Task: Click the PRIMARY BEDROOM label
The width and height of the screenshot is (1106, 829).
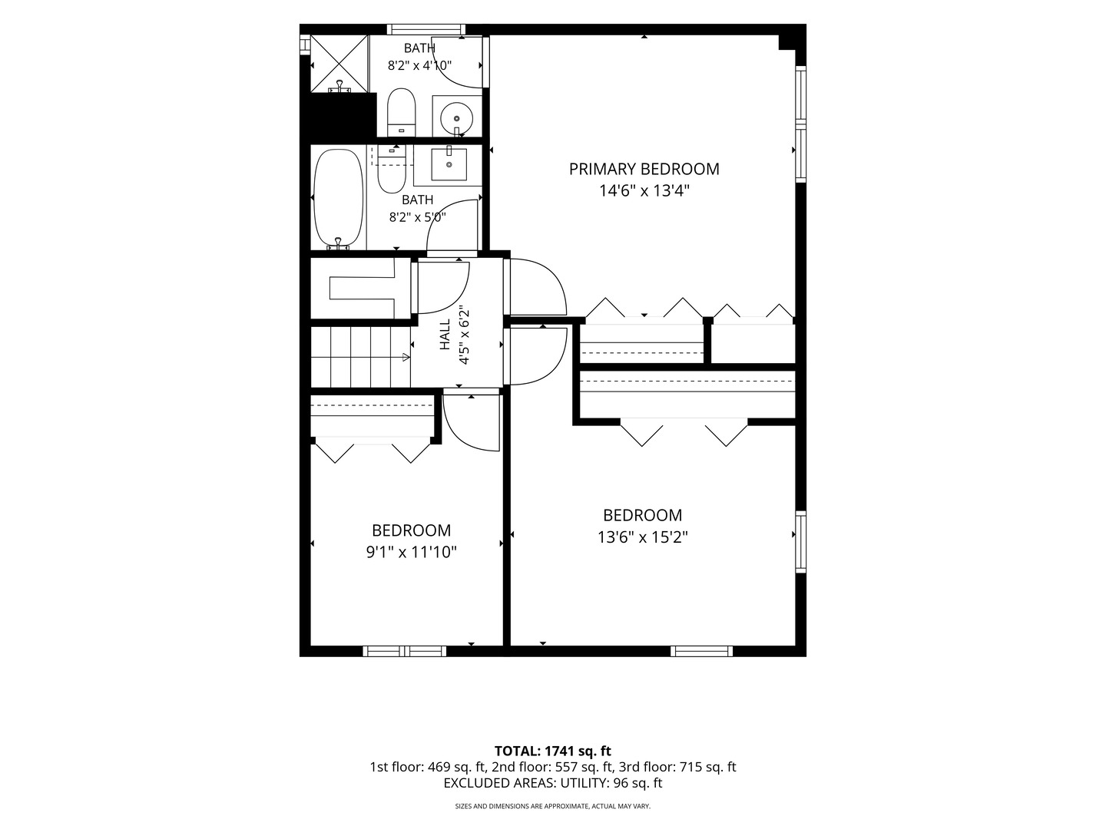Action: tap(644, 169)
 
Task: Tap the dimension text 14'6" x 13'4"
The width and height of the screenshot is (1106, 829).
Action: tap(644, 191)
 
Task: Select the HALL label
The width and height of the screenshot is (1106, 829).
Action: tap(445, 334)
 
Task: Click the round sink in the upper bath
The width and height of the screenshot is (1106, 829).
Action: tap(456, 119)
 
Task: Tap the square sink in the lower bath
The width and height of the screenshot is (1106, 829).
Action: tap(449, 163)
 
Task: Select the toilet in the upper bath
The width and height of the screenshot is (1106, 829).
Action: tap(401, 113)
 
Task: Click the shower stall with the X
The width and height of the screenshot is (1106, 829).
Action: tap(339, 64)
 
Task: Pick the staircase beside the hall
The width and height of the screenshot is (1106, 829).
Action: tap(360, 357)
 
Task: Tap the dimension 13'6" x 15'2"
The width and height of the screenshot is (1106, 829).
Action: tap(642, 537)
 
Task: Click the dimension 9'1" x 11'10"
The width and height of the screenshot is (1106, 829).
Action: tap(411, 553)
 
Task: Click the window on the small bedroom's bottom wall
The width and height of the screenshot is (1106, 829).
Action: tap(405, 652)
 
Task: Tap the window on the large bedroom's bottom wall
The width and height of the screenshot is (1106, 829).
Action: tap(701, 652)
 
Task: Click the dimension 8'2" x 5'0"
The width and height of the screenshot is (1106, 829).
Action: tap(418, 217)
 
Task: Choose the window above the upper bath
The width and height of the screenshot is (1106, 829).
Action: tap(426, 29)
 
